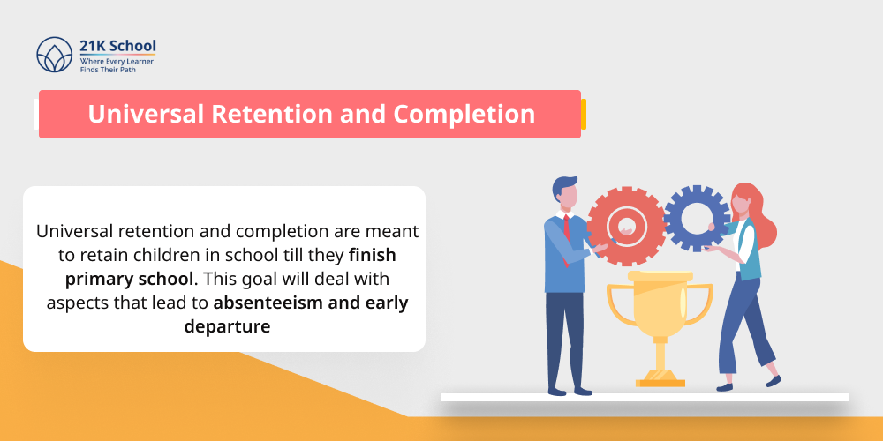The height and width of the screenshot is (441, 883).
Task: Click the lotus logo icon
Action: click(x=54, y=54)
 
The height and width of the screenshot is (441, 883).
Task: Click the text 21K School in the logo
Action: click(x=117, y=45)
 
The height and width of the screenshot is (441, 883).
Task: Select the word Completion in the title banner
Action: click(x=464, y=114)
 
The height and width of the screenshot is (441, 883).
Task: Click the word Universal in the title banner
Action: click(x=147, y=114)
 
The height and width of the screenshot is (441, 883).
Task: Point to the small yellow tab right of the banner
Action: click(x=584, y=114)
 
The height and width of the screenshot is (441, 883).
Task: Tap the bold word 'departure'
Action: click(x=227, y=326)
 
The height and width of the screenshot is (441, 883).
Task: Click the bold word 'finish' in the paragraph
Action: click(x=372, y=255)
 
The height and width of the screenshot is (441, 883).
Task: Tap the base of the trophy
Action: click(x=660, y=377)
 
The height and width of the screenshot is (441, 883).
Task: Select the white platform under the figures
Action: click(x=645, y=398)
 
